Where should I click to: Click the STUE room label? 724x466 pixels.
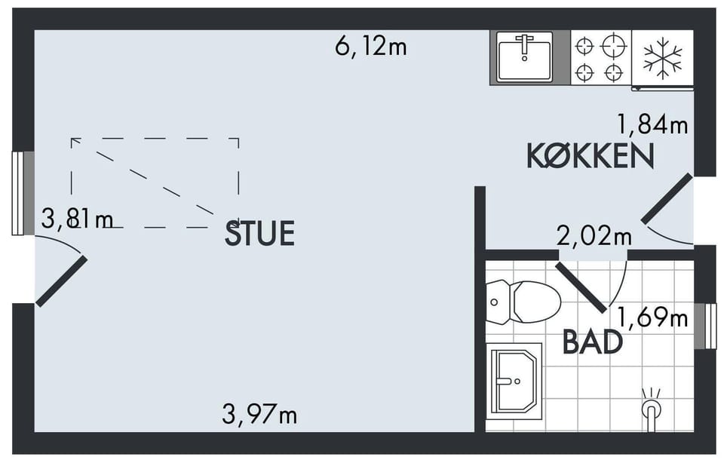(259, 233)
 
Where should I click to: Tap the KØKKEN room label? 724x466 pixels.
(590, 156)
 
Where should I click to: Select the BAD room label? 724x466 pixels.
(593, 342)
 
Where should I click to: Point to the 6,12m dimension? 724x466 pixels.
(371, 47)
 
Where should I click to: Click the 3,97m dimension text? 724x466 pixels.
(259, 414)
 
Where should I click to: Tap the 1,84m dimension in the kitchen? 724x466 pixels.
(652, 124)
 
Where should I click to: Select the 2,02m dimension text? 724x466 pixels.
(594, 236)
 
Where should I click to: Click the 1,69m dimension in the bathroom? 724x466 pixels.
(652, 317)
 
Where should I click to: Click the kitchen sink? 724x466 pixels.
(525, 57)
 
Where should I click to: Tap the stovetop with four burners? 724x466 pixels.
(601, 58)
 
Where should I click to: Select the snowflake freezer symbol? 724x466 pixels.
(663, 57)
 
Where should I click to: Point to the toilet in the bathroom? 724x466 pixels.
(523, 303)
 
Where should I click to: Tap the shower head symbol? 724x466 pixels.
(651, 409)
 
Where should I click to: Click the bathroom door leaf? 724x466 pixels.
(581, 287)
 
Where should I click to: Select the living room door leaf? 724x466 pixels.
(61, 281)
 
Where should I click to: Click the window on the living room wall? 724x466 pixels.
(23, 193)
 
